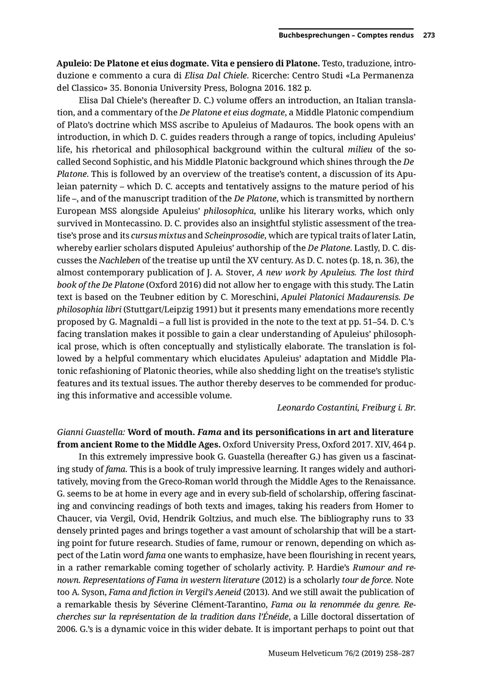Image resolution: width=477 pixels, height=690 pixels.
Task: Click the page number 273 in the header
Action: [x=429, y=35]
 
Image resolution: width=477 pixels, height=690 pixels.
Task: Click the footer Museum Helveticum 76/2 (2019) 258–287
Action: [x=342, y=653]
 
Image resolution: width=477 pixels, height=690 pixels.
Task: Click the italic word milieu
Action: [x=361, y=150]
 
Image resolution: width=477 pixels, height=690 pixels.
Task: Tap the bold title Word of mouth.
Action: [x=162, y=433]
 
